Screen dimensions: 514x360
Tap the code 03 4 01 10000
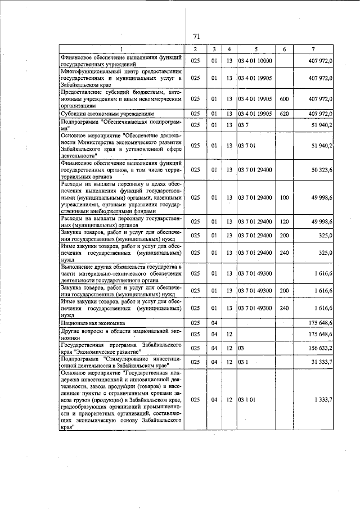pos(255,61)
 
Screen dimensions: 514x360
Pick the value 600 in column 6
pos(283,99)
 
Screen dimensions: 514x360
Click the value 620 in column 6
pos(283,114)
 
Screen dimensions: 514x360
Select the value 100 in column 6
pos(283,198)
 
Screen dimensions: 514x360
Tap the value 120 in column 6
pos(283,222)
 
